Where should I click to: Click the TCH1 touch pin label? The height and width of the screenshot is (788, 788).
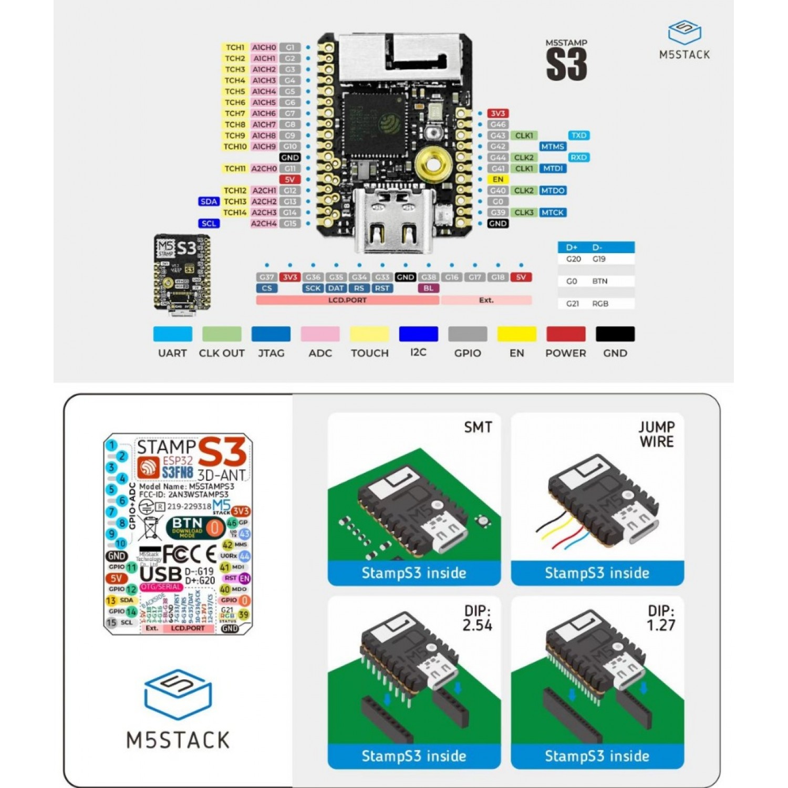pyautogui.click(x=235, y=47)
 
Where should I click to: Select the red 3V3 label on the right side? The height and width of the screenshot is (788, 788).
pyautogui.click(x=497, y=113)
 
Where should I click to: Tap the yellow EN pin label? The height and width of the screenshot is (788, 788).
pyautogui.click(x=497, y=180)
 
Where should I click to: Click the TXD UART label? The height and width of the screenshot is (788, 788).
pyautogui.click(x=578, y=136)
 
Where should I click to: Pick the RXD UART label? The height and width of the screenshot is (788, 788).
pyautogui.click(x=578, y=158)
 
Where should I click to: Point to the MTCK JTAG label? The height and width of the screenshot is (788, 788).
pyautogui.click(x=553, y=213)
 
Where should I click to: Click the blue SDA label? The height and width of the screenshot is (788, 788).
pyautogui.click(x=209, y=202)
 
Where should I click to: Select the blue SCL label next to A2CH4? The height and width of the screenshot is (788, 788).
pyautogui.click(x=209, y=224)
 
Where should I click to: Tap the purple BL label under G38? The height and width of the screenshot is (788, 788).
pyautogui.click(x=429, y=288)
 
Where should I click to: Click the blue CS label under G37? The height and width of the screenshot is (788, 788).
pyautogui.click(x=267, y=288)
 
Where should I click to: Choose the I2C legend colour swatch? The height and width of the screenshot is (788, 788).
pyautogui.click(x=418, y=334)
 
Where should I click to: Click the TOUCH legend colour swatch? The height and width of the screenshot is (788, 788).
pyautogui.click(x=369, y=334)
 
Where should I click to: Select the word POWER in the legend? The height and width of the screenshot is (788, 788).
pyautogui.click(x=565, y=353)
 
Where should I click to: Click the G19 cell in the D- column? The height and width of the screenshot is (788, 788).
pyautogui.click(x=599, y=259)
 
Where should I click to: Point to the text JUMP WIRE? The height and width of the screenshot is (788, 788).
pyautogui.click(x=657, y=434)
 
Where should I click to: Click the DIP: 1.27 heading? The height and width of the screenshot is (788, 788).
pyautogui.click(x=661, y=618)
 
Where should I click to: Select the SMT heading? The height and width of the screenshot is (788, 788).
pyautogui.click(x=478, y=427)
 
